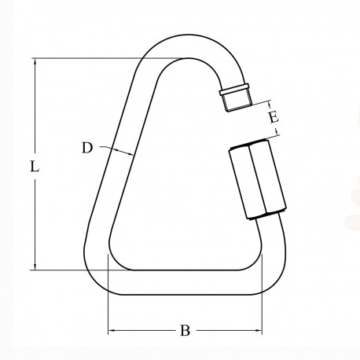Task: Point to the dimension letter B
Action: coord(186,331)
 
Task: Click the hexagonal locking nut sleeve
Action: coord(252,181)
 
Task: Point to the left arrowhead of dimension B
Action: coord(112,330)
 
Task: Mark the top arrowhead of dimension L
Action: coord(35,61)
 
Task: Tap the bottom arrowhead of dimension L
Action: coord(35,266)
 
